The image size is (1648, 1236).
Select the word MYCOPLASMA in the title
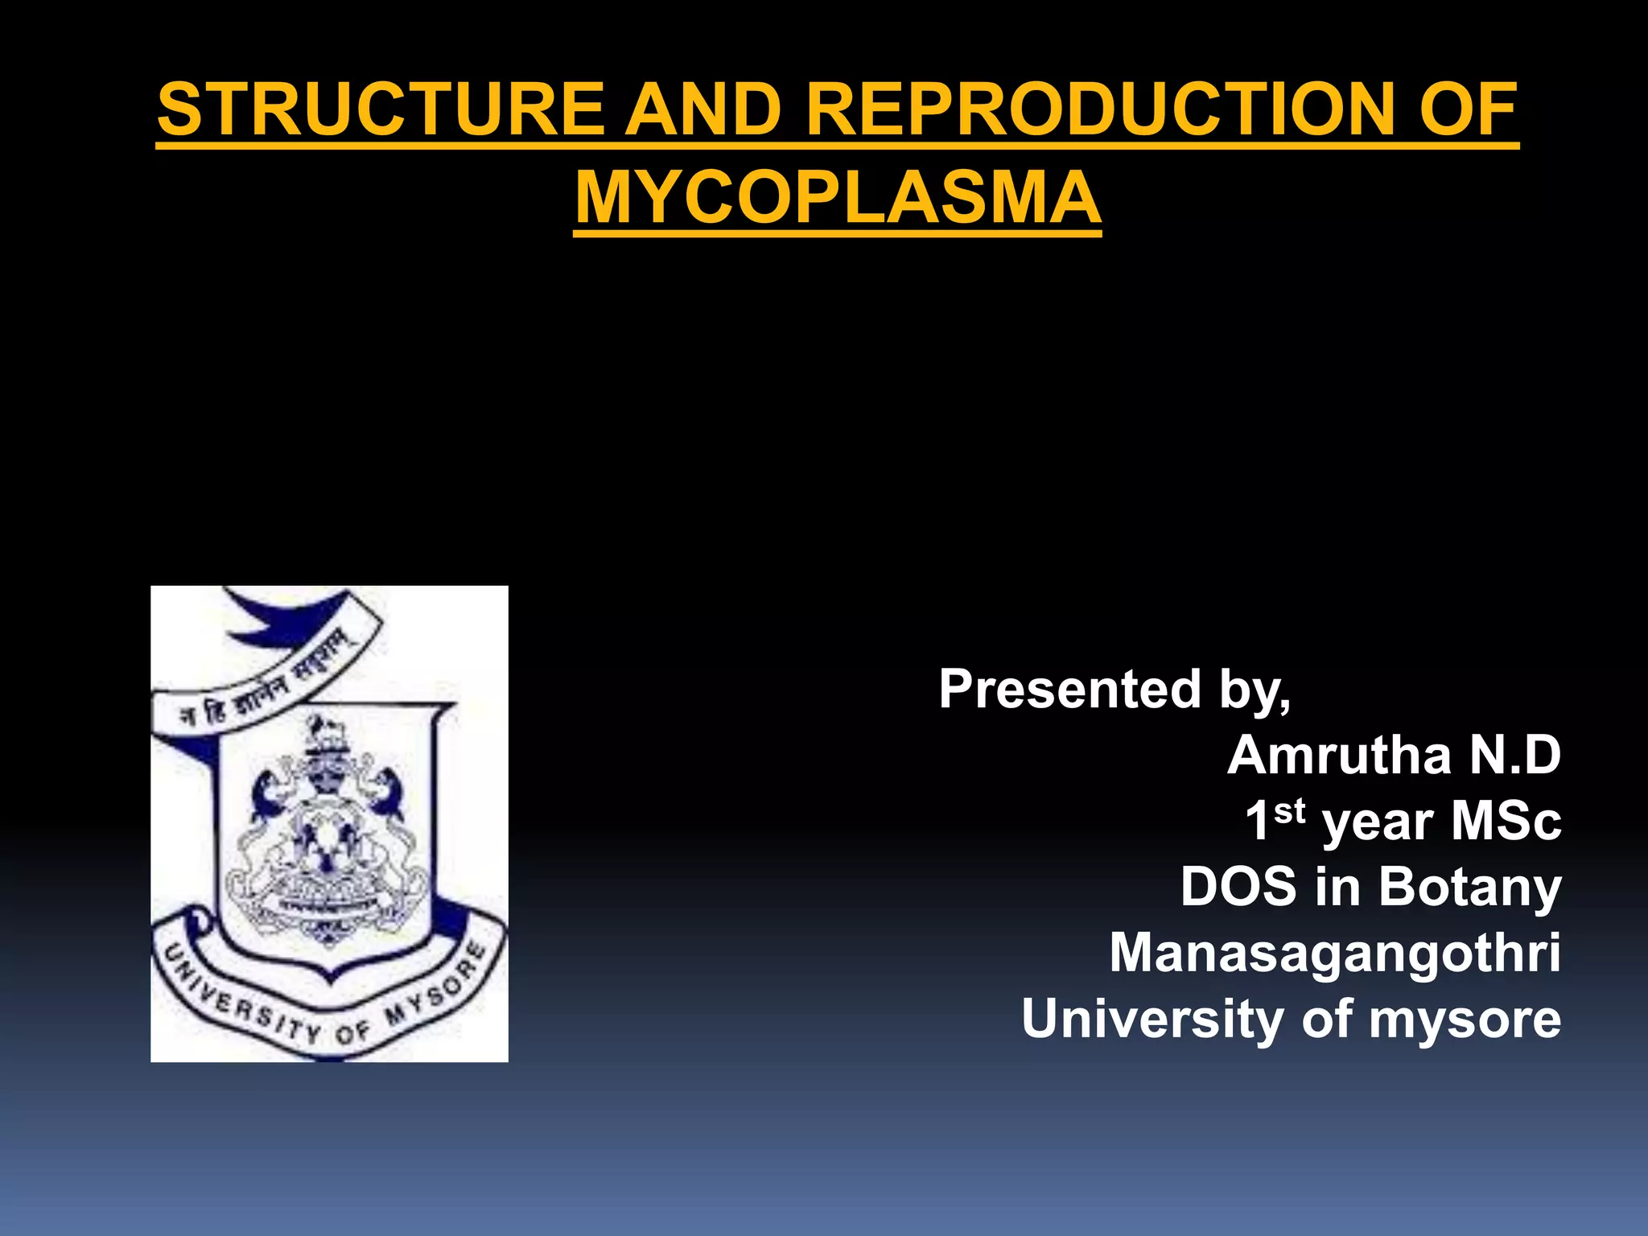pyautogui.click(x=838, y=198)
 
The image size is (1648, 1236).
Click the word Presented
pyautogui.click(x=1069, y=690)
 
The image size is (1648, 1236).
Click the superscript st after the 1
pyautogui.click(x=1289, y=810)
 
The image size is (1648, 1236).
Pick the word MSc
pyautogui.click(x=1506, y=822)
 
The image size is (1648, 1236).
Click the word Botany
pyautogui.click(x=1469, y=888)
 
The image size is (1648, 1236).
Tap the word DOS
pyautogui.click(x=1238, y=888)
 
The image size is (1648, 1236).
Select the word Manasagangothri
pyautogui.click(x=1335, y=954)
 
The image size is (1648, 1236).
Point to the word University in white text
pyautogui.click(x=1152, y=1019)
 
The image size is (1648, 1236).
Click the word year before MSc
pyautogui.click(x=1377, y=823)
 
